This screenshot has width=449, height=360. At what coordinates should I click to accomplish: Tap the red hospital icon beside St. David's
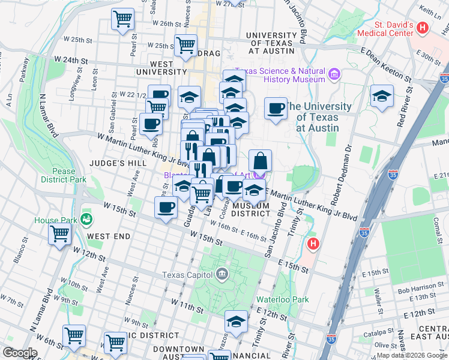[423, 28]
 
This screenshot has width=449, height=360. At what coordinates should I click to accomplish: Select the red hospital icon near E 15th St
[312, 244]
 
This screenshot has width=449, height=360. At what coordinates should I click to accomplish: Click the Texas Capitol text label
[188, 275]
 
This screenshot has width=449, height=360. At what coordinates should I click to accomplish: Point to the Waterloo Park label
[282, 299]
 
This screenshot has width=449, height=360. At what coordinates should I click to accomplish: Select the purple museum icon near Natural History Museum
[334, 75]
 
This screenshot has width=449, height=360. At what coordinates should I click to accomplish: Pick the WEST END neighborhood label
[109, 236]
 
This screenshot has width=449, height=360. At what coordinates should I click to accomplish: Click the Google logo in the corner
[20, 352]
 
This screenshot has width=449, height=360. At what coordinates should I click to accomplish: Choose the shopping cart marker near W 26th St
[122, 19]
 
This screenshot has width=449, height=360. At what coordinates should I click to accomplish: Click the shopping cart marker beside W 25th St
[186, 44]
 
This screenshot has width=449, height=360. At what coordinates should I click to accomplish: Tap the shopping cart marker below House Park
[59, 233]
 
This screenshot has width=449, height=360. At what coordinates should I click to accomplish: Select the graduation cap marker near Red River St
[381, 96]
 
